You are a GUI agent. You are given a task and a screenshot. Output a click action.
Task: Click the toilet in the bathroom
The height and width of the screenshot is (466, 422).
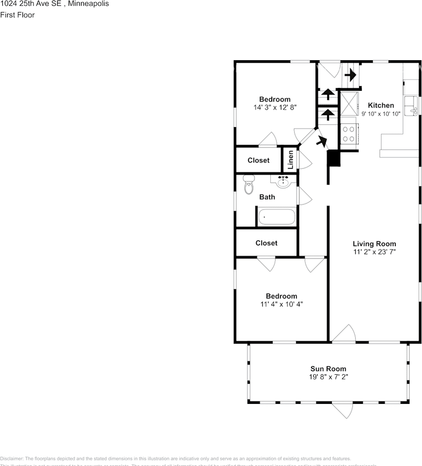pyautogui.click(x=249, y=185)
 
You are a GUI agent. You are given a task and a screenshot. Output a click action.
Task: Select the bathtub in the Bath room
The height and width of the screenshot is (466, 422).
pyautogui.click(x=276, y=216)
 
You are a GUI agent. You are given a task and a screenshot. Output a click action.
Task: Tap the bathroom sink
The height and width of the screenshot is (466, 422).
pyautogui.click(x=283, y=182)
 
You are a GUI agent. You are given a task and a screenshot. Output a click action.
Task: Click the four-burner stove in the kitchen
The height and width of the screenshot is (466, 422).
pyautogui.click(x=349, y=133)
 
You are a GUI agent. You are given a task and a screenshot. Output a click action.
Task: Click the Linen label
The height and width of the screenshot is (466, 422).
pyautogui.click(x=290, y=160)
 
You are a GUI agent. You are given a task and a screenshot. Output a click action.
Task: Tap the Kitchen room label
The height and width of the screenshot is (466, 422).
pyautogui.click(x=381, y=105)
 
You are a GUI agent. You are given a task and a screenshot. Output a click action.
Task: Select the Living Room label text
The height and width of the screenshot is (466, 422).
pyautogui.click(x=374, y=244)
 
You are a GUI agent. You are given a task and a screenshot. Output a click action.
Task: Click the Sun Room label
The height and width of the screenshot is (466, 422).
pyautogui.click(x=328, y=368)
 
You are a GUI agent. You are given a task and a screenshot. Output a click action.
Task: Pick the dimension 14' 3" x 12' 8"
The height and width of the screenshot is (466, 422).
pyautogui.click(x=275, y=107)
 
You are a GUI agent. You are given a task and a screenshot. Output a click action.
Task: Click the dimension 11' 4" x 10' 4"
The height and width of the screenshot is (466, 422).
pyautogui.click(x=281, y=304)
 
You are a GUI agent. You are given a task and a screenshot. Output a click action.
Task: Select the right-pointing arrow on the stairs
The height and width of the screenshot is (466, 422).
pyautogui.click(x=350, y=75)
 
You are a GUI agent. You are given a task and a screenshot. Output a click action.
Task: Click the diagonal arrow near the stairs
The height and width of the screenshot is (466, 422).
pyautogui.click(x=320, y=141)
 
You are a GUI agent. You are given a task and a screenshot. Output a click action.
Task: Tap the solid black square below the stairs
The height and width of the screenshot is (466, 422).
pyautogui.click(x=334, y=159)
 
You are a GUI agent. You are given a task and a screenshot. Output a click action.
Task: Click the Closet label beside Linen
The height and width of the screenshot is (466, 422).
pyautogui.click(x=258, y=160)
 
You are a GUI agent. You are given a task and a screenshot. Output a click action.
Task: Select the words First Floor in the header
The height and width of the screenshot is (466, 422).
pyautogui.click(x=17, y=15)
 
